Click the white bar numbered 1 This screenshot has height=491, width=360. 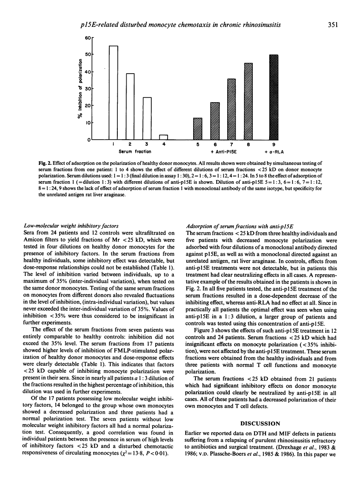point(113,93)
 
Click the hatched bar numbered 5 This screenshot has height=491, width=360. point(198,129)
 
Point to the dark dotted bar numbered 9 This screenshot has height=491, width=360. point(274,97)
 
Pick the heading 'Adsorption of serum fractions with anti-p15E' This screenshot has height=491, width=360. point(239,229)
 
